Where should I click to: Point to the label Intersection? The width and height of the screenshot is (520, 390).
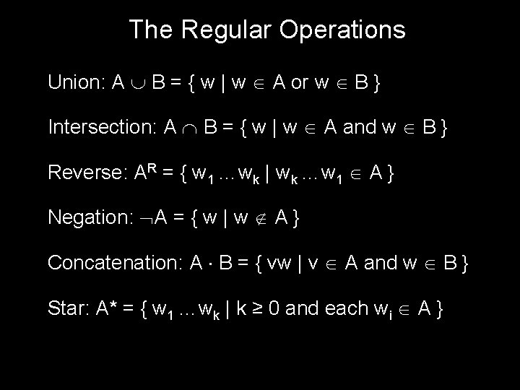[102, 127]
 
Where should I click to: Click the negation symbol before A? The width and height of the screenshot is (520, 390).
[147, 218]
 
